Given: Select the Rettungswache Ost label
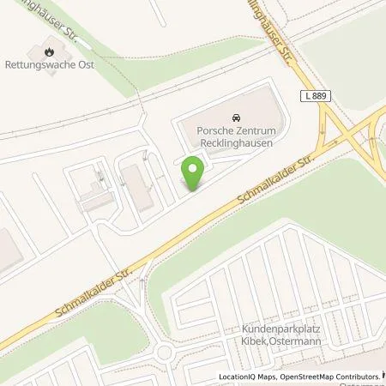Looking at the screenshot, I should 62,65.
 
